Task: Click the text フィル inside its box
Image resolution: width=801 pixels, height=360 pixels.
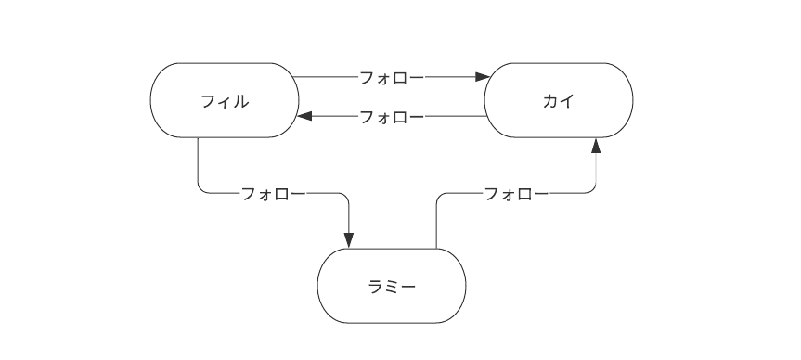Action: coord(225,101)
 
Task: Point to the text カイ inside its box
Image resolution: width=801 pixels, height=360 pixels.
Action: coord(559,101)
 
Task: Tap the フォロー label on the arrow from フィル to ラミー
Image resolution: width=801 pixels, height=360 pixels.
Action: coord(273,194)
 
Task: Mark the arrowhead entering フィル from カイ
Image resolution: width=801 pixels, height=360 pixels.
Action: coord(305,117)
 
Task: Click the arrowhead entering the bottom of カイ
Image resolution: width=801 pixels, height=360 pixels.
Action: coord(596,146)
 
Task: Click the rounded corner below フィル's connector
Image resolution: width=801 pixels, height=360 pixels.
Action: coord(200,191)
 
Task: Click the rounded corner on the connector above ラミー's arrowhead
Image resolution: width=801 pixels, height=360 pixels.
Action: coord(346,197)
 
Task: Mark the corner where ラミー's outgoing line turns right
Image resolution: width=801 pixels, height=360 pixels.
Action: coord(439,197)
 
